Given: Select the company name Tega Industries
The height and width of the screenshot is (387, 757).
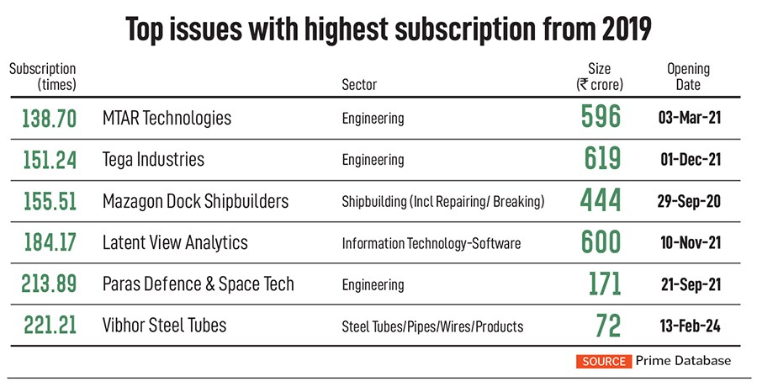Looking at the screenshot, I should [153, 159].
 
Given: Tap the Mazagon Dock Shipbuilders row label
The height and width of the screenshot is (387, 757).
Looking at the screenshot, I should [195, 201].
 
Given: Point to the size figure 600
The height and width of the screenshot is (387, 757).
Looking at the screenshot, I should [601, 242].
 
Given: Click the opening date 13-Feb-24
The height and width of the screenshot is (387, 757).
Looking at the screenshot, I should [689, 326].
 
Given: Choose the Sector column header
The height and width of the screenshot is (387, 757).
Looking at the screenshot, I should [359, 85].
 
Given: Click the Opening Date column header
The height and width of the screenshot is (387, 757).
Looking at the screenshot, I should [688, 77].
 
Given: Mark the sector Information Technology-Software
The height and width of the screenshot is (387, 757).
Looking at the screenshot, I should [431, 243].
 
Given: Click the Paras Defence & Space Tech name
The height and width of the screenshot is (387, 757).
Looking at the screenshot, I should [198, 284].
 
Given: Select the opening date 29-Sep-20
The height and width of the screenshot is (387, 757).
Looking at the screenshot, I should [689, 202].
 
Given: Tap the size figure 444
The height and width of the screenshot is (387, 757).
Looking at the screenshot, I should [601, 201].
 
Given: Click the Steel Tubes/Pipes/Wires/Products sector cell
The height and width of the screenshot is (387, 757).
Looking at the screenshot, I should [432, 326].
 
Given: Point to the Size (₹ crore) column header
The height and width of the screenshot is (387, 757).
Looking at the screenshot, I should [600, 77].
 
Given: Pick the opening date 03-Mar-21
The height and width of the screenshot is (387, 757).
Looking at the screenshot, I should [689, 119].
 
